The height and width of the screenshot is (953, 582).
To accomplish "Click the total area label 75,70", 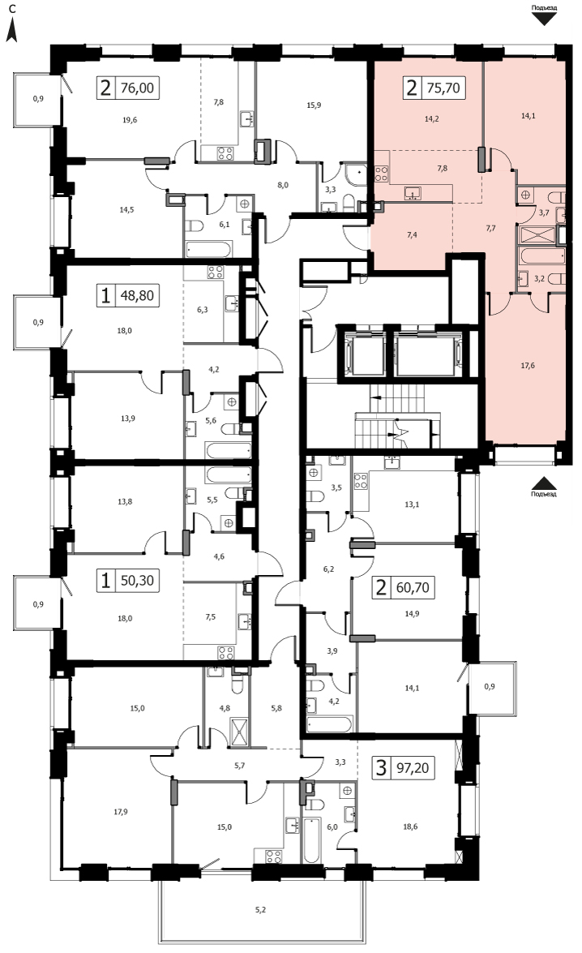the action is [x=443, y=88].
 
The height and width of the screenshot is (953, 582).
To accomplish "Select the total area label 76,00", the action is [x=137, y=88].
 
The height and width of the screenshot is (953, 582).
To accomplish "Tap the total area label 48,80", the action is [x=137, y=296].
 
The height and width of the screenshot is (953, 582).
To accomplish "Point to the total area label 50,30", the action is [x=137, y=581].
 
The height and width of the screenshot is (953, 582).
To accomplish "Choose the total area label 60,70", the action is [x=413, y=588].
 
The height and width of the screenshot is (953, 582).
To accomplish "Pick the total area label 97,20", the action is [x=413, y=767].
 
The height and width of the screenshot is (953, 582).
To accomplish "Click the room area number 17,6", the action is [x=528, y=366].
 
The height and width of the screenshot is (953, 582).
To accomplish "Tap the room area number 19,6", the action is [x=130, y=120].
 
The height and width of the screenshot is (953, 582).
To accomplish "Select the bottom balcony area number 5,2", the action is [x=260, y=910].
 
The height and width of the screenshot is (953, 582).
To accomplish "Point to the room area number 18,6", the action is [x=410, y=826].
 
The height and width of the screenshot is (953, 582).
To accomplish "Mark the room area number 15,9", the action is [x=314, y=105].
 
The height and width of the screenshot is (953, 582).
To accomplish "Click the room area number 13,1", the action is [x=413, y=504].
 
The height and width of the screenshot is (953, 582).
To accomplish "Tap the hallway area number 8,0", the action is [x=283, y=186].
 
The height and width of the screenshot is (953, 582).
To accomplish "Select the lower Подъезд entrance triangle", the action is [x=545, y=483].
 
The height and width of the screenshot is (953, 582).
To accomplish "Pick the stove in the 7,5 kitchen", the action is [x=226, y=653].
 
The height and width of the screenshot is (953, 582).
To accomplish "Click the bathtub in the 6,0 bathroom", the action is [x=311, y=840].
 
